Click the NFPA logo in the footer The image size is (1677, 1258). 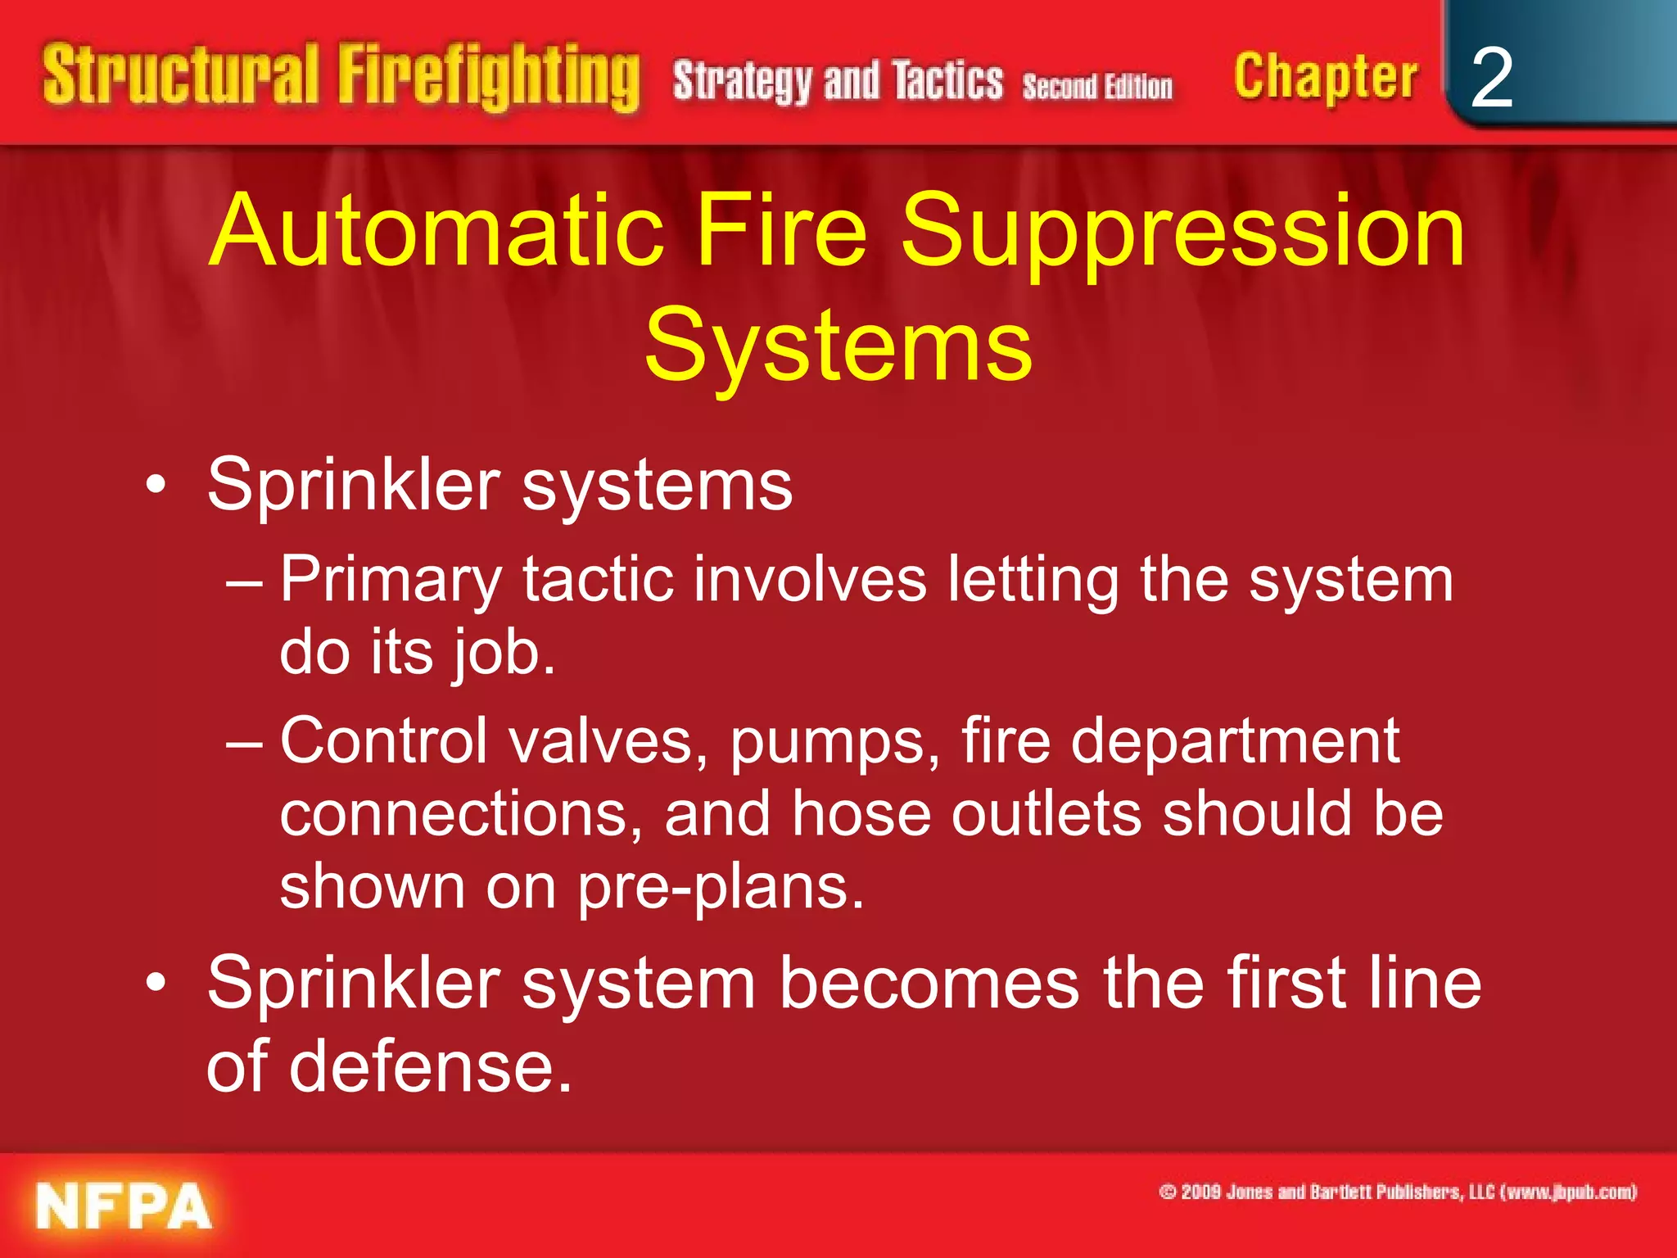124,1206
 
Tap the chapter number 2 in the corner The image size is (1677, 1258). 1491,78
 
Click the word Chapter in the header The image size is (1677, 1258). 1326,77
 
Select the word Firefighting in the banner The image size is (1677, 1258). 489,77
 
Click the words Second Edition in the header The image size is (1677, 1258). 1097,86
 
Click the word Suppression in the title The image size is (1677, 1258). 1182,231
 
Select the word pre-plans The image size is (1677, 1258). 721,887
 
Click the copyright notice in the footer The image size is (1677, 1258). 1398,1192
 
